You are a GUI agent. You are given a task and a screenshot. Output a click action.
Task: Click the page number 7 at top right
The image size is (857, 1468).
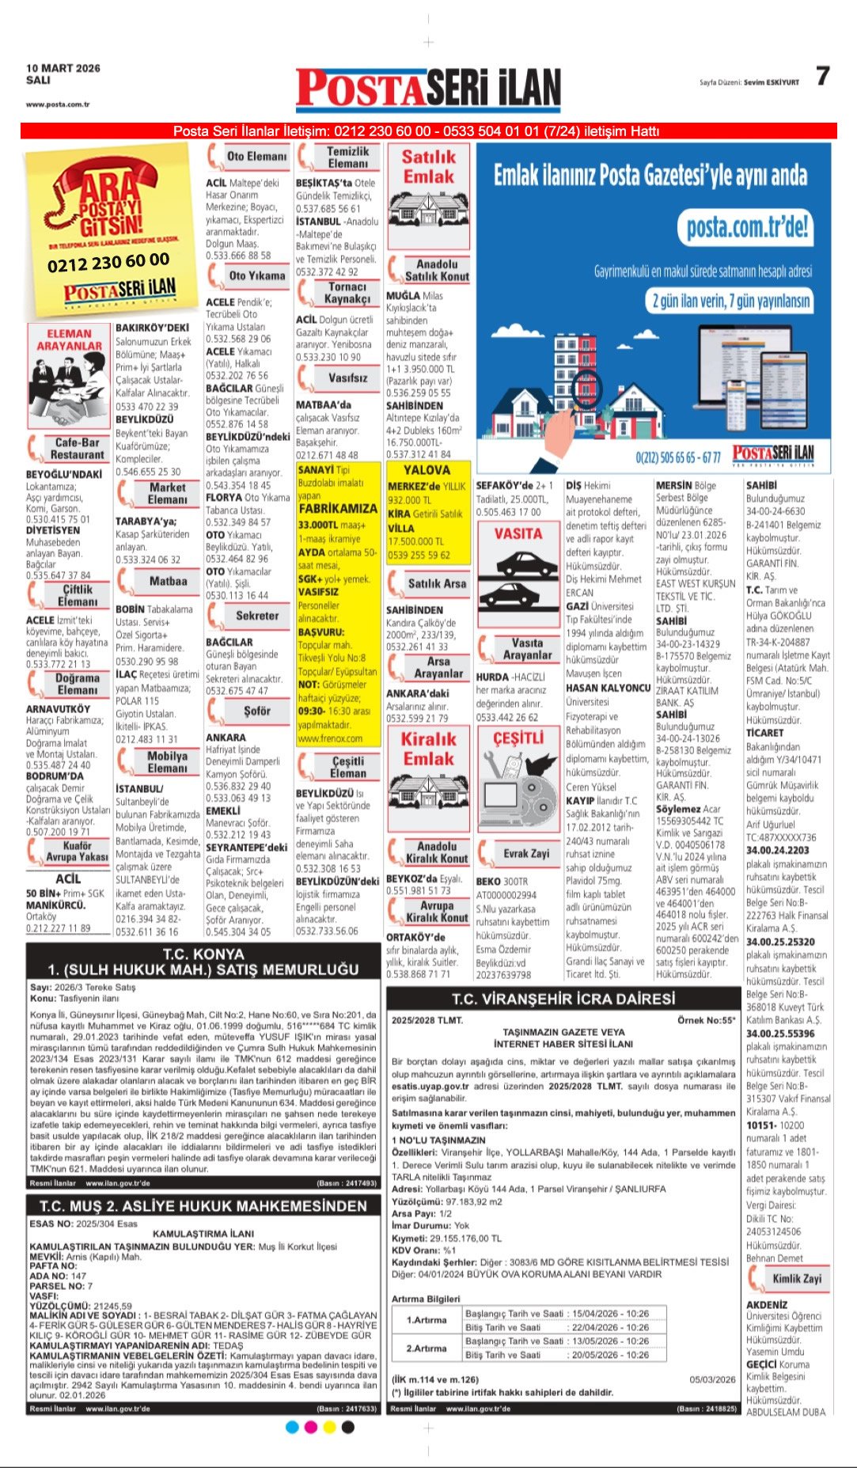click(x=822, y=76)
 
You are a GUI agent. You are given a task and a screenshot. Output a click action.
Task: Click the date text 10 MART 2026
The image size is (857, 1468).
click(x=63, y=68)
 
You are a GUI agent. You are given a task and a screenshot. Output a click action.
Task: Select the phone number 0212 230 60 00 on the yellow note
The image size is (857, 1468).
click(x=108, y=262)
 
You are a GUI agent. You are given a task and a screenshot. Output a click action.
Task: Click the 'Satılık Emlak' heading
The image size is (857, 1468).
click(x=428, y=167)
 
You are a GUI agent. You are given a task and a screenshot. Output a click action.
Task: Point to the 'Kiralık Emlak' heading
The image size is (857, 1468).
click(x=428, y=749)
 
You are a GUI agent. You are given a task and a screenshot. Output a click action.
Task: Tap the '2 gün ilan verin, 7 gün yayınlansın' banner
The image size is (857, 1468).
click(x=730, y=302)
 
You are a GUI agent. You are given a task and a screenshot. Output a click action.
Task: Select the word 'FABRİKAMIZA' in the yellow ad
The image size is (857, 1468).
click(x=338, y=509)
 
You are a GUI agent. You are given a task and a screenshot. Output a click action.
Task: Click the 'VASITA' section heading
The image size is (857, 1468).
click(x=518, y=534)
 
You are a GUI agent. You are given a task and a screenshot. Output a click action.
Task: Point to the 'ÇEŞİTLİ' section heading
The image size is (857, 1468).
click(x=518, y=738)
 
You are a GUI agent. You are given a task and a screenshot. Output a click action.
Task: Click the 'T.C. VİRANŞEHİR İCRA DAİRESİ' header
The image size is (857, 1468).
click(x=563, y=999)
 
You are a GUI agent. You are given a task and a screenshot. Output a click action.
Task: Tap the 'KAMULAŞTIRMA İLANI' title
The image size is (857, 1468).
click(x=203, y=1234)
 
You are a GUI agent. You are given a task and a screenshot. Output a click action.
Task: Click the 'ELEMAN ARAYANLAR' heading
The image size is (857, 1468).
click(x=69, y=339)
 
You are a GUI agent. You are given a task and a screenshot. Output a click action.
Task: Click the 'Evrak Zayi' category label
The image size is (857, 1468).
click(x=526, y=853)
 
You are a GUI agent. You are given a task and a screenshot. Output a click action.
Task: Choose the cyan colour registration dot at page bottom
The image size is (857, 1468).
click(x=292, y=1427)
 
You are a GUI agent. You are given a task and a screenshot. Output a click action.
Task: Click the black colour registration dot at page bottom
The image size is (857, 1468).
click(x=347, y=1427)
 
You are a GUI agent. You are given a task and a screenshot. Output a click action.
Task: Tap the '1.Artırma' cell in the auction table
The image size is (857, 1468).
click(x=427, y=1320)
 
